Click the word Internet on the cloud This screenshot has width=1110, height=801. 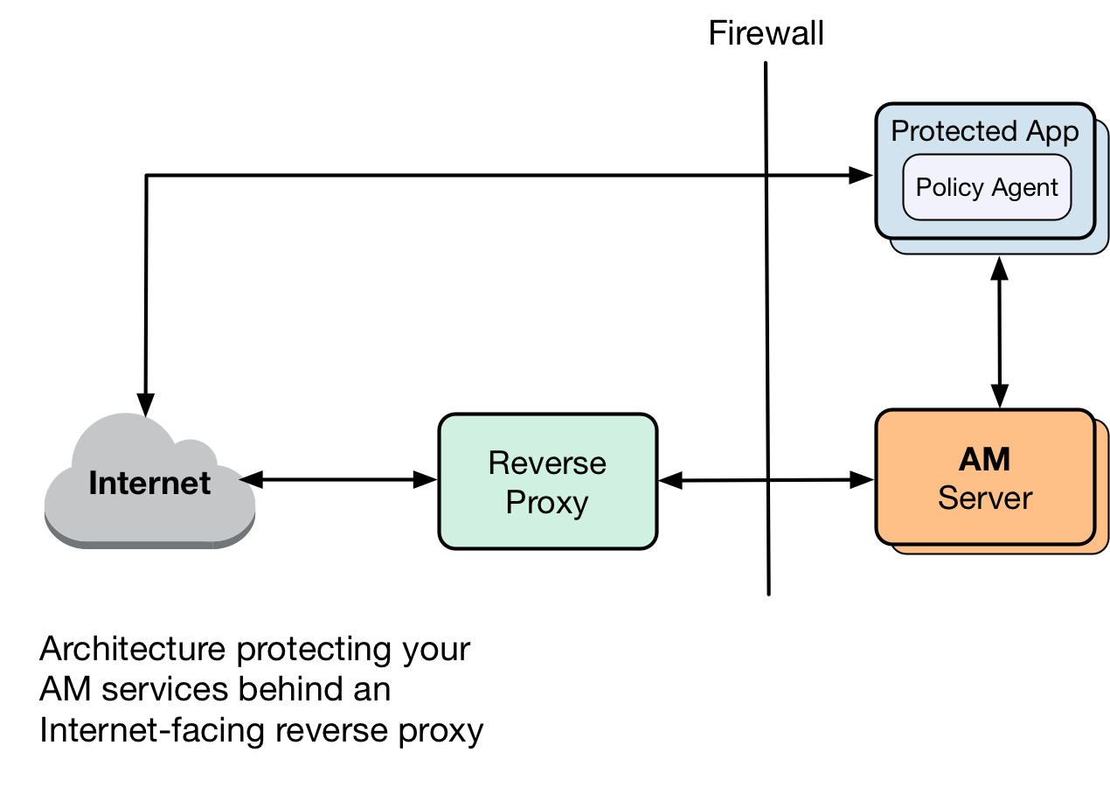point(149,483)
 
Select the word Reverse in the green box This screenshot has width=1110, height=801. point(547,463)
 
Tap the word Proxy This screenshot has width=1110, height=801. point(547,503)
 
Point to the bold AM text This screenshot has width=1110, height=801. point(985,459)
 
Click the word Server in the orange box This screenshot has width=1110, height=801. point(985,498)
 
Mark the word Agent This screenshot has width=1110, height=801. point(1024,187)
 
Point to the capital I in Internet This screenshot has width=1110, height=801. point(93,483)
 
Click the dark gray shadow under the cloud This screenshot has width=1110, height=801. point(149,545)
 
